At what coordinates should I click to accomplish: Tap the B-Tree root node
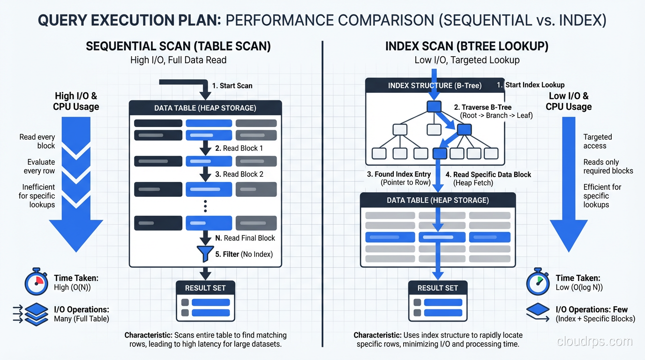click(x=434, y=106)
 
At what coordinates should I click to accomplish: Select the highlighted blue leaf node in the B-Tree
click(x=440, y=153)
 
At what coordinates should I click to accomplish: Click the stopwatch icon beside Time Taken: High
click(x=36, y=283)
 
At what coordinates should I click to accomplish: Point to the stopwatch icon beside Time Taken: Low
click(x=538, y=283)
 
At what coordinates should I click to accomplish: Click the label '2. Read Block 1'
click(x=239, y=148)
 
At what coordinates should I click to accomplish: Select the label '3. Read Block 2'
click(x=239, y=174)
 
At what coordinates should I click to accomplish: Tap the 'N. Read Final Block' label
click(x=245, y=238)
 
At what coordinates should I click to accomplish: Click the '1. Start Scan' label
click(x=232, y=86)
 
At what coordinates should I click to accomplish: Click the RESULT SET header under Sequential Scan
click(x=205, y=288)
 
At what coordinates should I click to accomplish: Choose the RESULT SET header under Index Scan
click(x=437, y=288)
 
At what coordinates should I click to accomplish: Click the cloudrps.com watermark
click(x=594, y=341)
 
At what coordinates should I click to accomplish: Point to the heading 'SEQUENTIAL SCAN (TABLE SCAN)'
click(x=178, y=46)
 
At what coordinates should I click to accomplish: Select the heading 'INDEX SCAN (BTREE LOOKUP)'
click(x=466, y=46)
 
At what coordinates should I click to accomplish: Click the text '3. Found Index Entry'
click(x=399, y=174)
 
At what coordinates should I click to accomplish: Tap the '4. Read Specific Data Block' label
click(x=488, y=174)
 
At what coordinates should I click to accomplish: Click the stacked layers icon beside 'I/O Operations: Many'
click(x=36, y=314)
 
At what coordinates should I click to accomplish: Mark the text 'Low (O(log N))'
click(x=579, y=287)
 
